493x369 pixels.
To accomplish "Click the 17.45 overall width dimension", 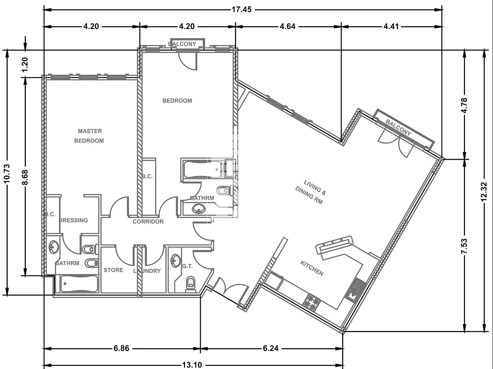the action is pyautogui.click(x=242, y=9).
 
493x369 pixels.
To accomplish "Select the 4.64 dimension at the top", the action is pyautogui.click(x=288, y=26).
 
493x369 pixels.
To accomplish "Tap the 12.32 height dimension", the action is pyautogui.click(x=484, y=191).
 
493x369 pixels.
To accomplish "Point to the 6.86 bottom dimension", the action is pyautogui.click(x=122, y=348).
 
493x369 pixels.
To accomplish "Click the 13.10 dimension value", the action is pyautogui.click(x=192, y=365).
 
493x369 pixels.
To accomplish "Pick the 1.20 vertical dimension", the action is pyautogui.click(x=25, y=64).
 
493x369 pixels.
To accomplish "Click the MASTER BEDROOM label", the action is pyautogui.click(x=89, y=136).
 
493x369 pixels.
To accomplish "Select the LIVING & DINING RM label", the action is pyautogui.click(x=309, y=192).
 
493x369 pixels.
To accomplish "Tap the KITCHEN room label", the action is pyautogui.click(x=312, y=268).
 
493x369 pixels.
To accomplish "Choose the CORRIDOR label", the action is pyautogui.click(x=148, y=221).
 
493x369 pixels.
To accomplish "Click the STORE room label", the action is pyautogui.click(x=114, y=270).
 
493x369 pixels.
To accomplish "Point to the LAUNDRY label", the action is pyautogui.click(x=147, y=271).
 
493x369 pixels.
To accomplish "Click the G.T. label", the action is pyautogui.click(x=187, y=266).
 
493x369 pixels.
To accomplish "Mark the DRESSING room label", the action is pyautogui.click(x=74, y=220).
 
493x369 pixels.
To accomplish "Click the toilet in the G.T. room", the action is pyautogui.click(x=190, y=284).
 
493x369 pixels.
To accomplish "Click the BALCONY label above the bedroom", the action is pyautogui.click(x=182, y=44).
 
